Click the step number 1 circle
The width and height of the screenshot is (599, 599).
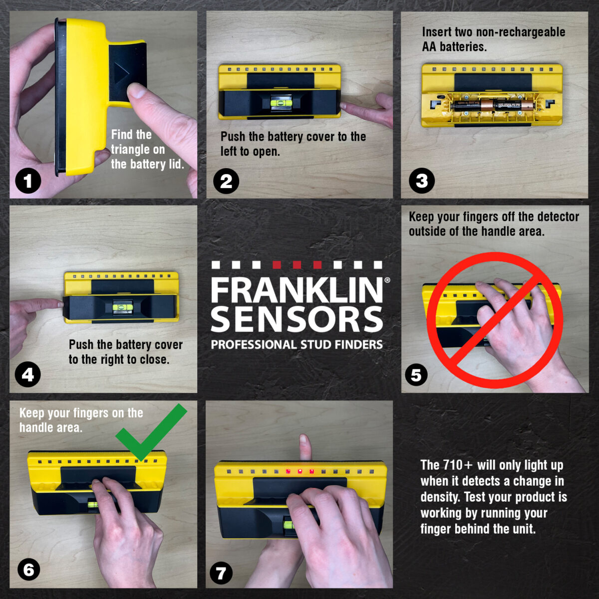pos(28,181)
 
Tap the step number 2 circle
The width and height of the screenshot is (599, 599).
pos(226,181)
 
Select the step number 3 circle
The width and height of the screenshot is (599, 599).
pos(422,181)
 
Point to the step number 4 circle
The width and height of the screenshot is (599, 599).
pos(28,374)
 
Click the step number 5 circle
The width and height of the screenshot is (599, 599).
pos(416,374)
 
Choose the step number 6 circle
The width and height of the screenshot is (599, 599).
pos(29,570)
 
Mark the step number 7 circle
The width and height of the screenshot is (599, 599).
pos(221,573)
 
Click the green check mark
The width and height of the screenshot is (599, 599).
pos(150,432)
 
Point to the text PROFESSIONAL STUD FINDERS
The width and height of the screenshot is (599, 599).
pos(297,345)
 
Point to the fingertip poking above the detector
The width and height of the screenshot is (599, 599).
pos(304,441)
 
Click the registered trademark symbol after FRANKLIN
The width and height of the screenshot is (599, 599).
pos(387,281)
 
